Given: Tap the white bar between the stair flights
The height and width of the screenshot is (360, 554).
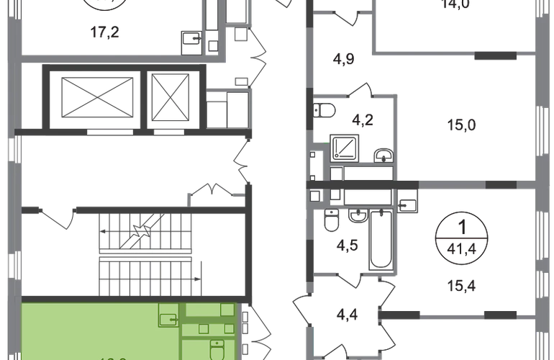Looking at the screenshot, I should click(145, 254).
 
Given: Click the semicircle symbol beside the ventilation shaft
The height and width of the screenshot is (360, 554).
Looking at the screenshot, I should click(383, 152).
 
